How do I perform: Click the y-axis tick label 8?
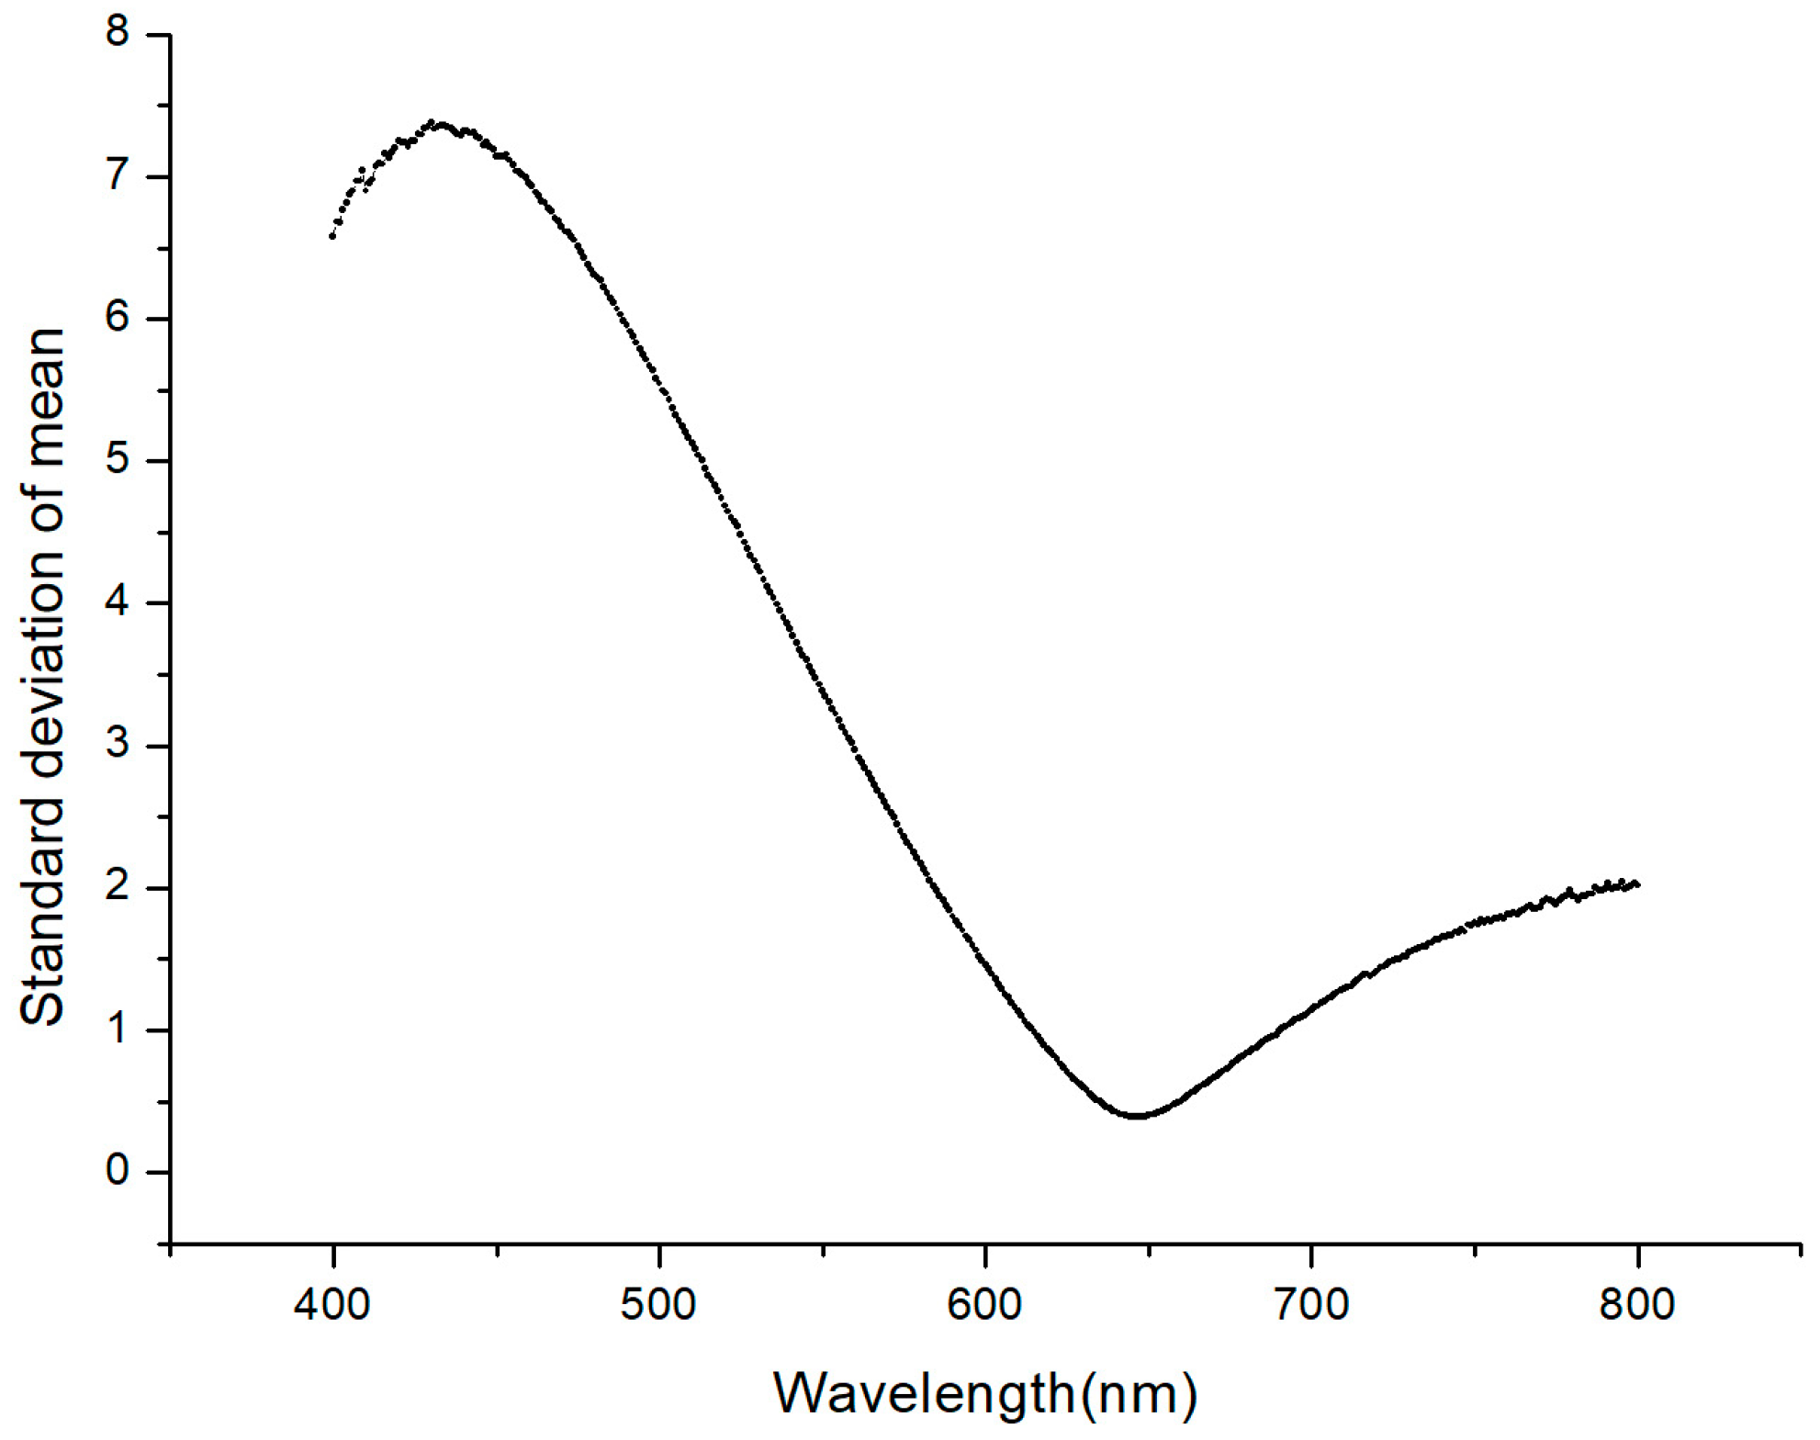pyautogui.click(x=118, y=34)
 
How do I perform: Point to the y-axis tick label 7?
pyautogui.click(x=118, y=176)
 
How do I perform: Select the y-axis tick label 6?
pyautogui.click(x=118, y=319)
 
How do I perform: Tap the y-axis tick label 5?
pyautogui.click(x=118, y=461)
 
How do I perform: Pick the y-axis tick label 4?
pyautogui.click(x=118, y=603)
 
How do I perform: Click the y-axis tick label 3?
pyautogui.click(x=118, y=746)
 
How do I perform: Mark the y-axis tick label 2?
pyautogui.click(x=118, y=888)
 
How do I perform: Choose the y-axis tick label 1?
pyautogui.click(x=118, y=1030)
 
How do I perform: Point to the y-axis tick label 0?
pyautogui.click(x=118, y=1172)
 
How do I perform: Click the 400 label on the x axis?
pyautogui.click(x=332, y=1304)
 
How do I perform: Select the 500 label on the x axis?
pyautogui.click(x=658, y=1304)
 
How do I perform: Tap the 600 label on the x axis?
pyautogui.click(x=984, y=1304)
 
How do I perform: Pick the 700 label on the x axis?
pyautogui.click(x=1311, y=1304)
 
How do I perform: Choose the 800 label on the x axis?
pyautogui.click(x=1637, y=1304)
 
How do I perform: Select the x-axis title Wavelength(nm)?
pyautogui.click(x=985, y=1393)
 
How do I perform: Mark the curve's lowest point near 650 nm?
pyautogui.click(x=1138, y=1116)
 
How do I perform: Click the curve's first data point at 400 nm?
pyautogui.click(x=332, y=237)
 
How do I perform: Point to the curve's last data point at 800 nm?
pyautogui.click(x=1637, y=884)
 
